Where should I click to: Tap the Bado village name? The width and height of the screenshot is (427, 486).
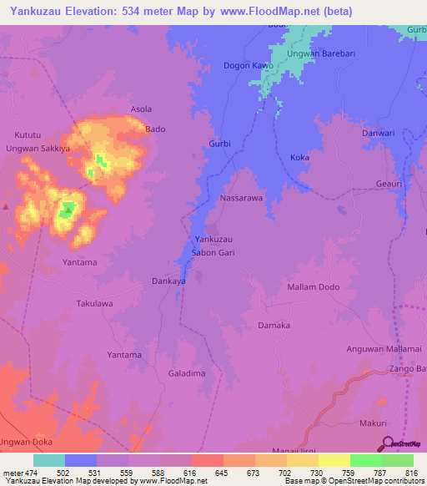[x=155, y=129]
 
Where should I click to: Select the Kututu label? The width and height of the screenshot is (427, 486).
[x=28, y=134]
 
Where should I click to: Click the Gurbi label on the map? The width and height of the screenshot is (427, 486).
[x=219, y=144]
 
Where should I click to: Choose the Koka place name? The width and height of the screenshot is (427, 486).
[x=299, y=158]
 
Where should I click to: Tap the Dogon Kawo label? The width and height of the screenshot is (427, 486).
[x=249, y=65]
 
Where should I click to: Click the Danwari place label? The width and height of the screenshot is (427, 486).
[x=377, y=133]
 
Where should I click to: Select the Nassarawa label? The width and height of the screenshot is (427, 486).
[x=241, y=199]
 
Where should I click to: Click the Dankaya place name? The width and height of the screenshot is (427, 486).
[x=168, y=281]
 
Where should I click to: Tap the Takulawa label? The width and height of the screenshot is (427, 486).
[x=94, y=304]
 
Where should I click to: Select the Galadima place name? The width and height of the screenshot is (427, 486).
[x=187, y=373]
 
